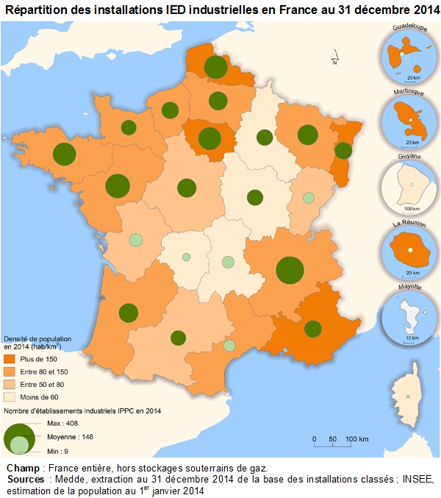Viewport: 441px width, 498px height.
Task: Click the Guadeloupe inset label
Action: point(409,27)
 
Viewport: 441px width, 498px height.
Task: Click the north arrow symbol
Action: point(334,58)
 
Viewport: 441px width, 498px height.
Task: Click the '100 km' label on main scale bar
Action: point(357,439)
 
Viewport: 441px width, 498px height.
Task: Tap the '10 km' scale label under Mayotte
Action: point(412,338)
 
